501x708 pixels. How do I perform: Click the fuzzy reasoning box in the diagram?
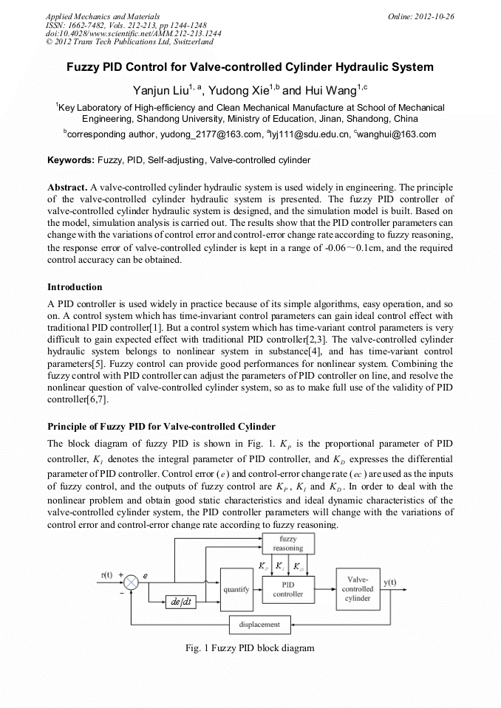tap(287, 544)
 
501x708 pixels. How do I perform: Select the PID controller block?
tap(287, 588)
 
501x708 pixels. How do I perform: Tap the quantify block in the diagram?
tap(236, 589)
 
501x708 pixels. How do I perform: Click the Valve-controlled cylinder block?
tap(358, 589)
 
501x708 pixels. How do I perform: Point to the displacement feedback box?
tap(259, 625)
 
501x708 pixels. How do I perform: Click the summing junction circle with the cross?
tap(131, 582)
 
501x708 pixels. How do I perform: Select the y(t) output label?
tap(389, 582)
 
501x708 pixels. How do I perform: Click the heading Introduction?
tap(75, 286)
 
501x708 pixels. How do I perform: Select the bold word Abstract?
tap(67, 188)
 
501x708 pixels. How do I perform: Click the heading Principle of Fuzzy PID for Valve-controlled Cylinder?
tap(161, 426)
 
